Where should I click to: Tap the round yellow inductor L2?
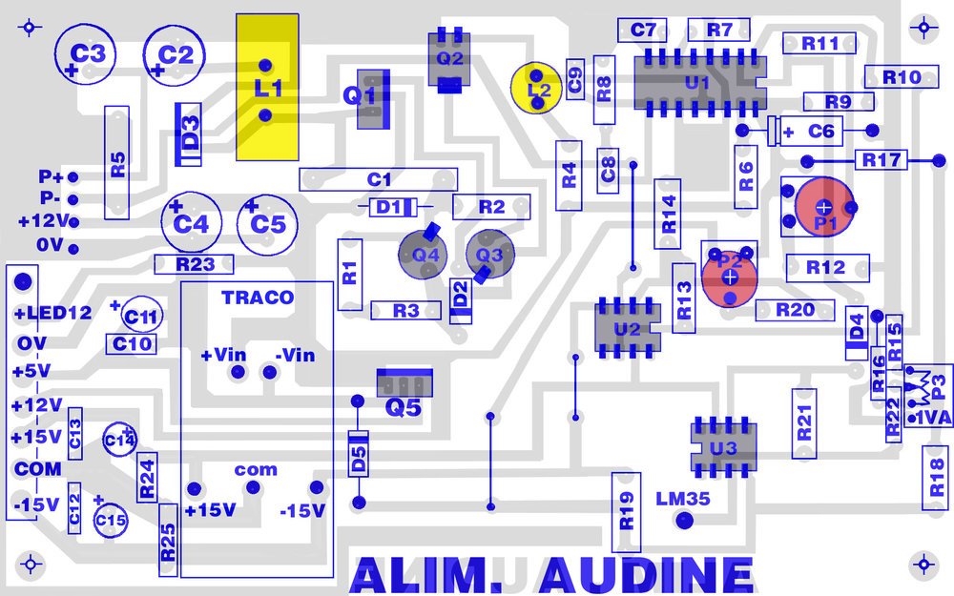pyautogui.click(x=538, y=89)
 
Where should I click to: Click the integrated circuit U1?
pyautogui.click(x=697, y=83)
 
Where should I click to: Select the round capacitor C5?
pyautogui.click(x=267, y=225)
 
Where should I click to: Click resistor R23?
pyautogui.click(x=195, y=264)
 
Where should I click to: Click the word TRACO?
pyautogui.click(x=258, y=298)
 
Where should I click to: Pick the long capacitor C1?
pyautogui.click(x=379, y=178)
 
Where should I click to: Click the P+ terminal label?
pyautogui.click(x=51, y=177)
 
